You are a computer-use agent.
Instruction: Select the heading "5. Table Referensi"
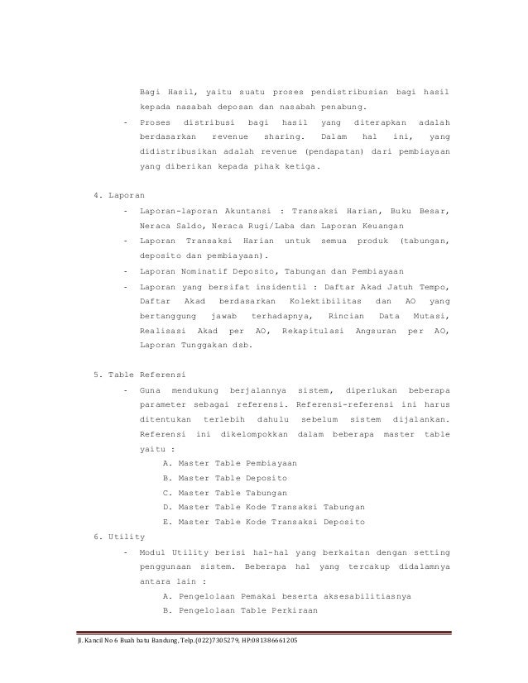[141, 375]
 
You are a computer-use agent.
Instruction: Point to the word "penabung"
[346, 107]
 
